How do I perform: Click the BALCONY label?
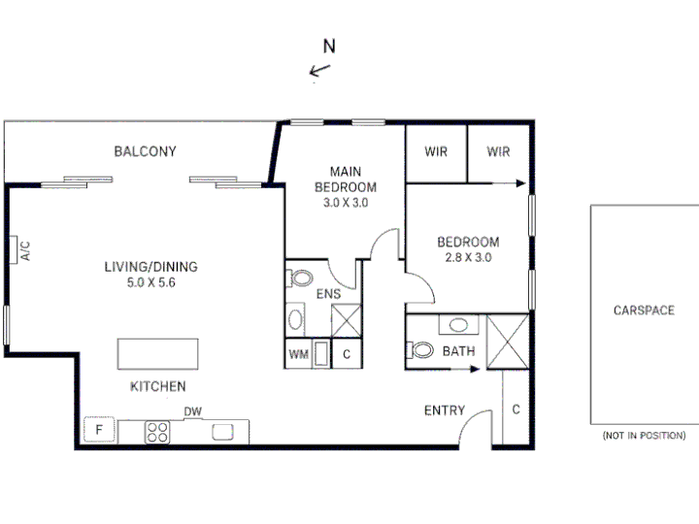pyautogui.click(x=145, y=151)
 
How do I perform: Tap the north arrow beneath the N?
pyautogui.click(x=319, y=70)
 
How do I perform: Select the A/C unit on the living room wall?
pyautogui.click(x=14, y=250)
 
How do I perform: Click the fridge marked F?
pyautogui.click(x=99, y=430)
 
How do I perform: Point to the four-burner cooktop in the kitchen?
pyautogui.click(x=157, y=432)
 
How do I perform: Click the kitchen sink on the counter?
pyautogui.click(x=222, y=432)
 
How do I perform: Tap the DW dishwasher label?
pyautogui.click(x=193, y=411)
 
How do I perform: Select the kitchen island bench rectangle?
pyautogui.click(x=158, y=354)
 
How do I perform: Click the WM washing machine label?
pyautogui.click(x=298, y=354)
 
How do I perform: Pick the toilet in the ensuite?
pyautogui.click(x=300, y=278)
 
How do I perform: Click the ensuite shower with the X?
pyautogui.click(x=347, y=320)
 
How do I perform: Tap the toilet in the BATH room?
pyautogui.click(x=419, y=349)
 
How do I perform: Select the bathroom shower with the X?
pyautogui.click(x=508, y=342)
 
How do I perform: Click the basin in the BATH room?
pyautogui.click(x=458, y=324)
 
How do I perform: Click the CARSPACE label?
pyautogui.click(x=644, y=311)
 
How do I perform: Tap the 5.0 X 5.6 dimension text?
pyautogui.click(x=151, y=282)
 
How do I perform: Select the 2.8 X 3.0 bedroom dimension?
pyautogui.click(x=468, y=257)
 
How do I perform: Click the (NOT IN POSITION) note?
pyautogui.click(x=644, y=436)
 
